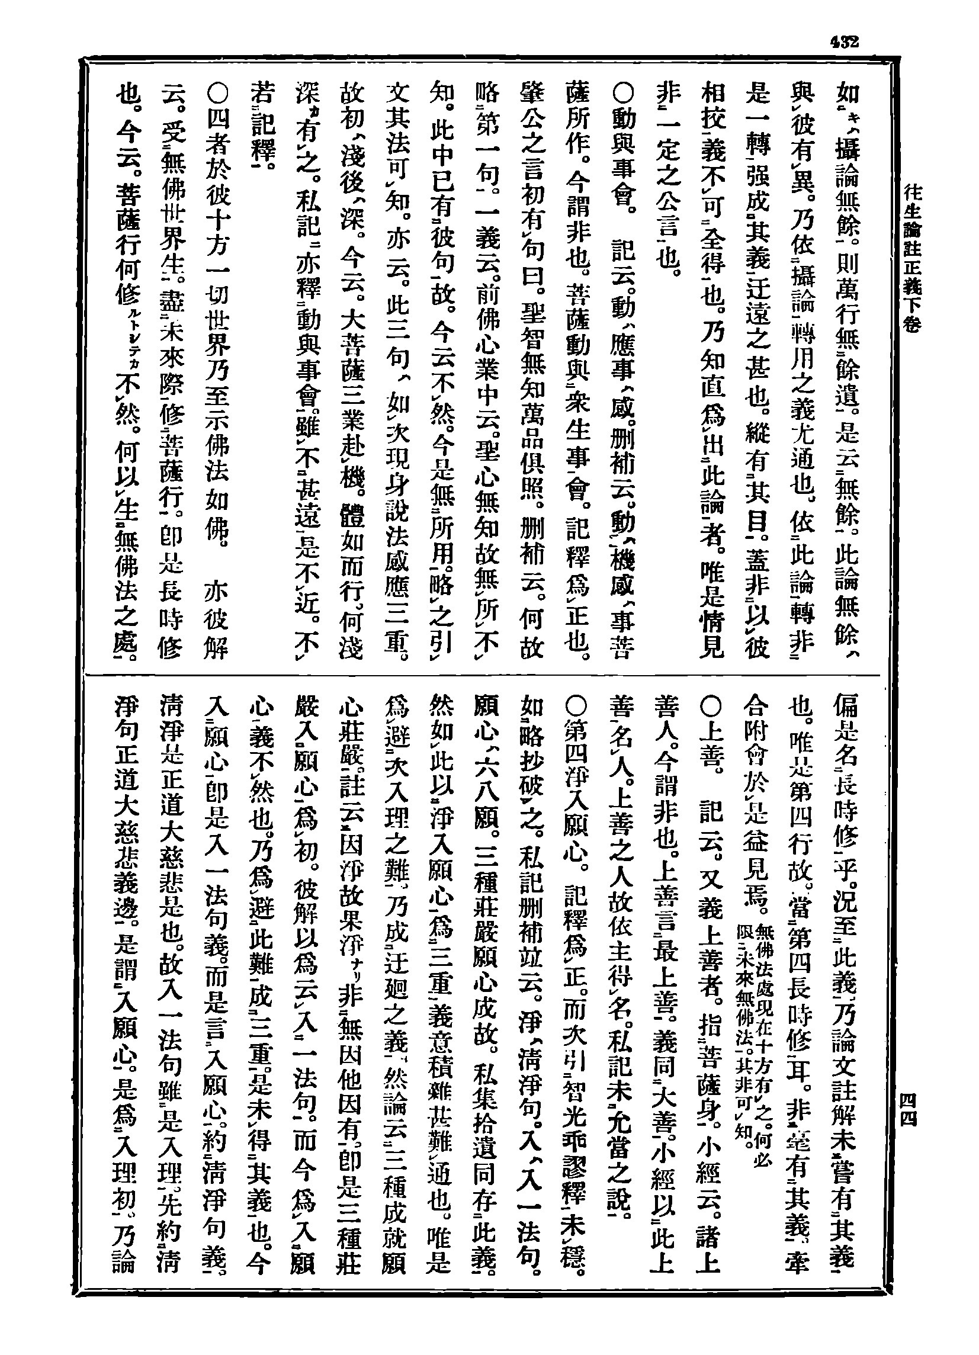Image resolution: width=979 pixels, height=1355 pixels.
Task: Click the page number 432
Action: click(x=843, y=43)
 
